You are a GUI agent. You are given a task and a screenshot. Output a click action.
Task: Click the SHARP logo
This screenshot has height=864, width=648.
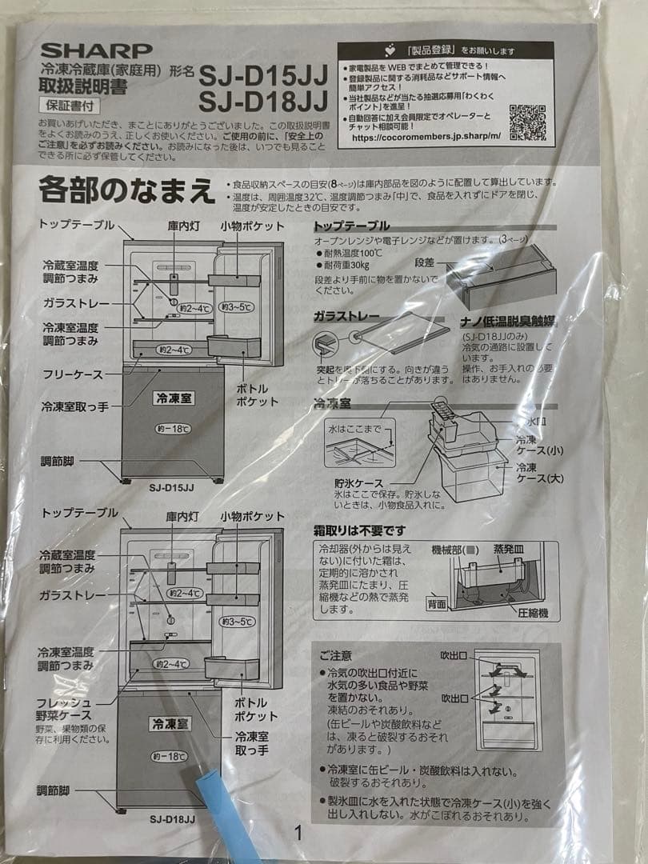(95, 50)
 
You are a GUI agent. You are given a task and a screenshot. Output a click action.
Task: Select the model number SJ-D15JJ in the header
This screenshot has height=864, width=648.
(263, 75)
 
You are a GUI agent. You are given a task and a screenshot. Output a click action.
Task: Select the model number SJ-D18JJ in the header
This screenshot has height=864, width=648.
(263, 102)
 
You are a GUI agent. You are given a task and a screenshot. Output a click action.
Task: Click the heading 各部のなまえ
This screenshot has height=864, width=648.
(127, 190)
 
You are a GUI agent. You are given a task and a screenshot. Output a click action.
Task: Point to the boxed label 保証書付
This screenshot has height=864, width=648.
(66, 104)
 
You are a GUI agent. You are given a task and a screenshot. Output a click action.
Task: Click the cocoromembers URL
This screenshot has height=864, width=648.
(426, 137)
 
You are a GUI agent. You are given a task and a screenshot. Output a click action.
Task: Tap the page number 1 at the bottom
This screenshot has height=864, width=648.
(298, 832)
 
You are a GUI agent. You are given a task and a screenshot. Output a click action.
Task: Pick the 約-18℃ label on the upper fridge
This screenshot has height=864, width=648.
(173, 429)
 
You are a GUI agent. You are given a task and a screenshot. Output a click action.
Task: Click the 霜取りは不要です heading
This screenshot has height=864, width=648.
(359, 530)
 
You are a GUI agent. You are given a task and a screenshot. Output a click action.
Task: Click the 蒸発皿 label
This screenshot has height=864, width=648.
(511, 550)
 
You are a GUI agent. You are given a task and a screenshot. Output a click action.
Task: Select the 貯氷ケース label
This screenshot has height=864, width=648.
(359, 483)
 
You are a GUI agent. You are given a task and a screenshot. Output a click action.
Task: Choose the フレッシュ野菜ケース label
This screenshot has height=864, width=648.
(66, 708)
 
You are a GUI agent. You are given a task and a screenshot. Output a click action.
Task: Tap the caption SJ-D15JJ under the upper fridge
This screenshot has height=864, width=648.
(171, 486)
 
